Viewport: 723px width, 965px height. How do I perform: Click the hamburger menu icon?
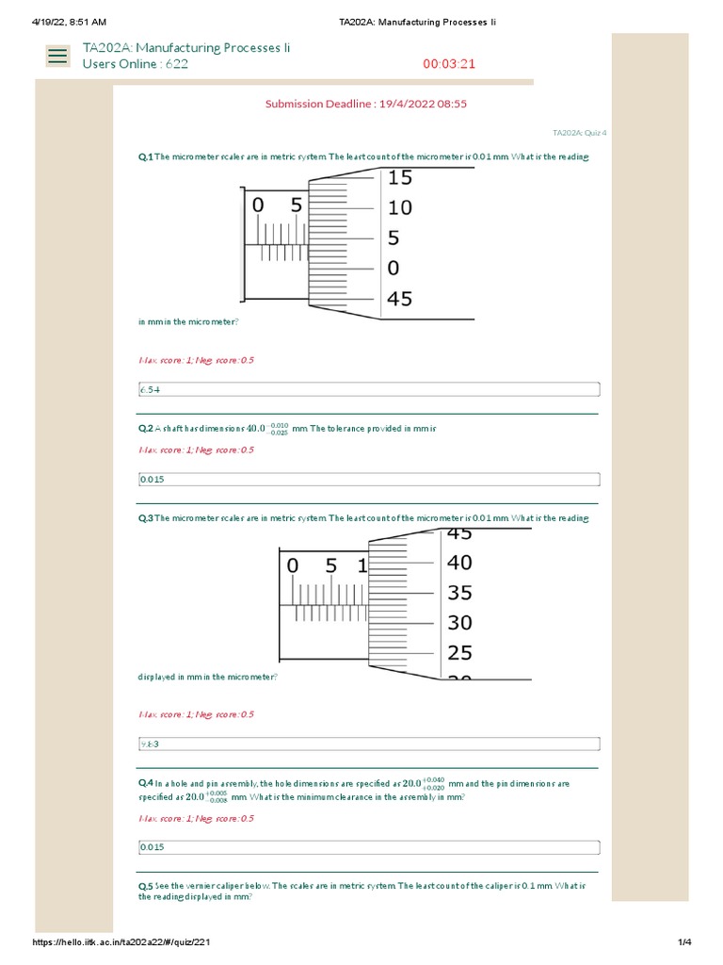click(x=57, y=56)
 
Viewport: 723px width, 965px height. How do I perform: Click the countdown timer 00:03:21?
click(x=449, y=64)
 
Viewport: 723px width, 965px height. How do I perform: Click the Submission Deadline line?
click(x=366, y=104)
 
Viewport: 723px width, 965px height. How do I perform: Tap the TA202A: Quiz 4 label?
click(x=579, y=134)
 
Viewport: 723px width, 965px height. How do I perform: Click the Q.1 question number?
click(x=145, y=157)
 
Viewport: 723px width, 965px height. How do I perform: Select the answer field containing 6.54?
click(x=368, y=389)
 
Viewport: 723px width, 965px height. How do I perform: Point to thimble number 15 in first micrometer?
click(x=399, y=177)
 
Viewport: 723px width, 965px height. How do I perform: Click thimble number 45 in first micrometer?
click(x=399, y=299)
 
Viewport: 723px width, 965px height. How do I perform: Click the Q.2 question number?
click(x=145, y=429)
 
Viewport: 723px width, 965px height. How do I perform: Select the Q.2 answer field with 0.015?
click(x=368, y=479)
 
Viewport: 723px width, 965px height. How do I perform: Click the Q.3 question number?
click(x=145, y=518)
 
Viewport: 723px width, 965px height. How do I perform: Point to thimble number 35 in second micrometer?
click(x=459, y=593)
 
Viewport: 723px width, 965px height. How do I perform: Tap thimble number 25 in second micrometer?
click(x=459, y=652)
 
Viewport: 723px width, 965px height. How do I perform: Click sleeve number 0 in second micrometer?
click(x=292, y=566)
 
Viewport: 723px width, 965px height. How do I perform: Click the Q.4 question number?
click(x=145, y=783)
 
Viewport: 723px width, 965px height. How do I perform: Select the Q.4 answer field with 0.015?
click(x=368, y=847)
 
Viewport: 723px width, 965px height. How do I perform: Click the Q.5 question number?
click(x=145, y=887)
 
